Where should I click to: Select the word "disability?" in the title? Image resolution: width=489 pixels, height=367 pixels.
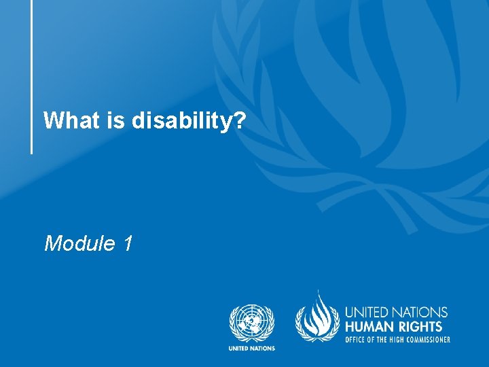[x=188, y=122]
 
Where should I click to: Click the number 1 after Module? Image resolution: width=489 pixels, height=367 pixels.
[x=128, y=243]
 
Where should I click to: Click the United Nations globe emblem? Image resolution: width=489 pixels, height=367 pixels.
[x=252, y=322]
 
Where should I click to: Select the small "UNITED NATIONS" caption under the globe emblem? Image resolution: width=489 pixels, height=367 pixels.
[x=252, y=349]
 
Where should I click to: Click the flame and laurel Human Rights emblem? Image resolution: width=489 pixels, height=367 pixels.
[x=316, y=319]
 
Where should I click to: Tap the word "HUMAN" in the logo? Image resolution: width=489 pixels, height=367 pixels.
[x=371, y=327]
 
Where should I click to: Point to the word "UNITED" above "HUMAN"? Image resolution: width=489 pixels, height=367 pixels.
[x=367, y=313]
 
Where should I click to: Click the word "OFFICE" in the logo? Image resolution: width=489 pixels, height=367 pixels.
[x=357, y=339]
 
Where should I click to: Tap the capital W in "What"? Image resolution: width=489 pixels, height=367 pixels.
[x=52, y=121]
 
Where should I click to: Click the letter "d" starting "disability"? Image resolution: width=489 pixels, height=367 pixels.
[x=138, y=121]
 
